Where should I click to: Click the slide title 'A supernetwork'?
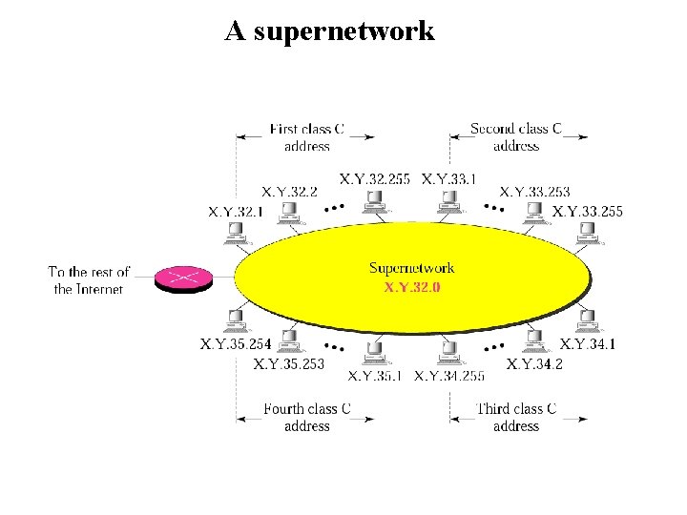329,31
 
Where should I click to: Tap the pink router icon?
181,278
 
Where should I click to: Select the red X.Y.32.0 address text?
412,286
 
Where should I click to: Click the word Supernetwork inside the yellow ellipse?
412,268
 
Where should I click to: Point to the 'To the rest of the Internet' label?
89,280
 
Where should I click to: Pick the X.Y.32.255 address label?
375,178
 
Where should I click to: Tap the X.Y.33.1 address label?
448,178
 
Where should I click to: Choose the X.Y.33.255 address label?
588,211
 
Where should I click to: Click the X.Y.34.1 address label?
588,343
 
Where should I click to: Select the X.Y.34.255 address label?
449,375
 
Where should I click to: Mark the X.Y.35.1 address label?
376,375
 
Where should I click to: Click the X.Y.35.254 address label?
236,343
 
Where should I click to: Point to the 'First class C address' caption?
307,137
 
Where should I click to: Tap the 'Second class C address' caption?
516,137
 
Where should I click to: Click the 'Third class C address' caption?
516,418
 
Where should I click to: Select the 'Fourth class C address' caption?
307,418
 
